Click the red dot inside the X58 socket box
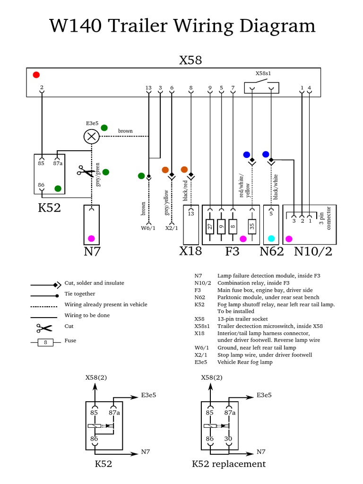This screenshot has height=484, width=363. tap(36, 75)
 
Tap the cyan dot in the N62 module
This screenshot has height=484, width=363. tap(271, 239)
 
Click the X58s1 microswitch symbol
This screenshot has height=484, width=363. tap(261, 87)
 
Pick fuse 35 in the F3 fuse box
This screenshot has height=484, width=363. tap(252, 226)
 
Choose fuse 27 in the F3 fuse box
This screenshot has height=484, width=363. tap(210, 226)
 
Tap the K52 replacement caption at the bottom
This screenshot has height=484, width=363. tap(229, 464)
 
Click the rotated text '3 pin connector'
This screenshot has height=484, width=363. tap(325, 217)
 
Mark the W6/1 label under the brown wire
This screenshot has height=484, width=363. tap(148, 228)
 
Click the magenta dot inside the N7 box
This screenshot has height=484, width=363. tap(91, 238)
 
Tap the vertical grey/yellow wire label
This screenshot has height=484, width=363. tap(166, 203)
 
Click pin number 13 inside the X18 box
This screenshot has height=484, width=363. tap(191, 214)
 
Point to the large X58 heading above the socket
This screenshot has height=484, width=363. tap(190, 60)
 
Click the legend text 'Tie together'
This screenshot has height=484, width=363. tap(79, 294)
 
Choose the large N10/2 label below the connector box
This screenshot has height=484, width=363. tap(313, 251)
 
